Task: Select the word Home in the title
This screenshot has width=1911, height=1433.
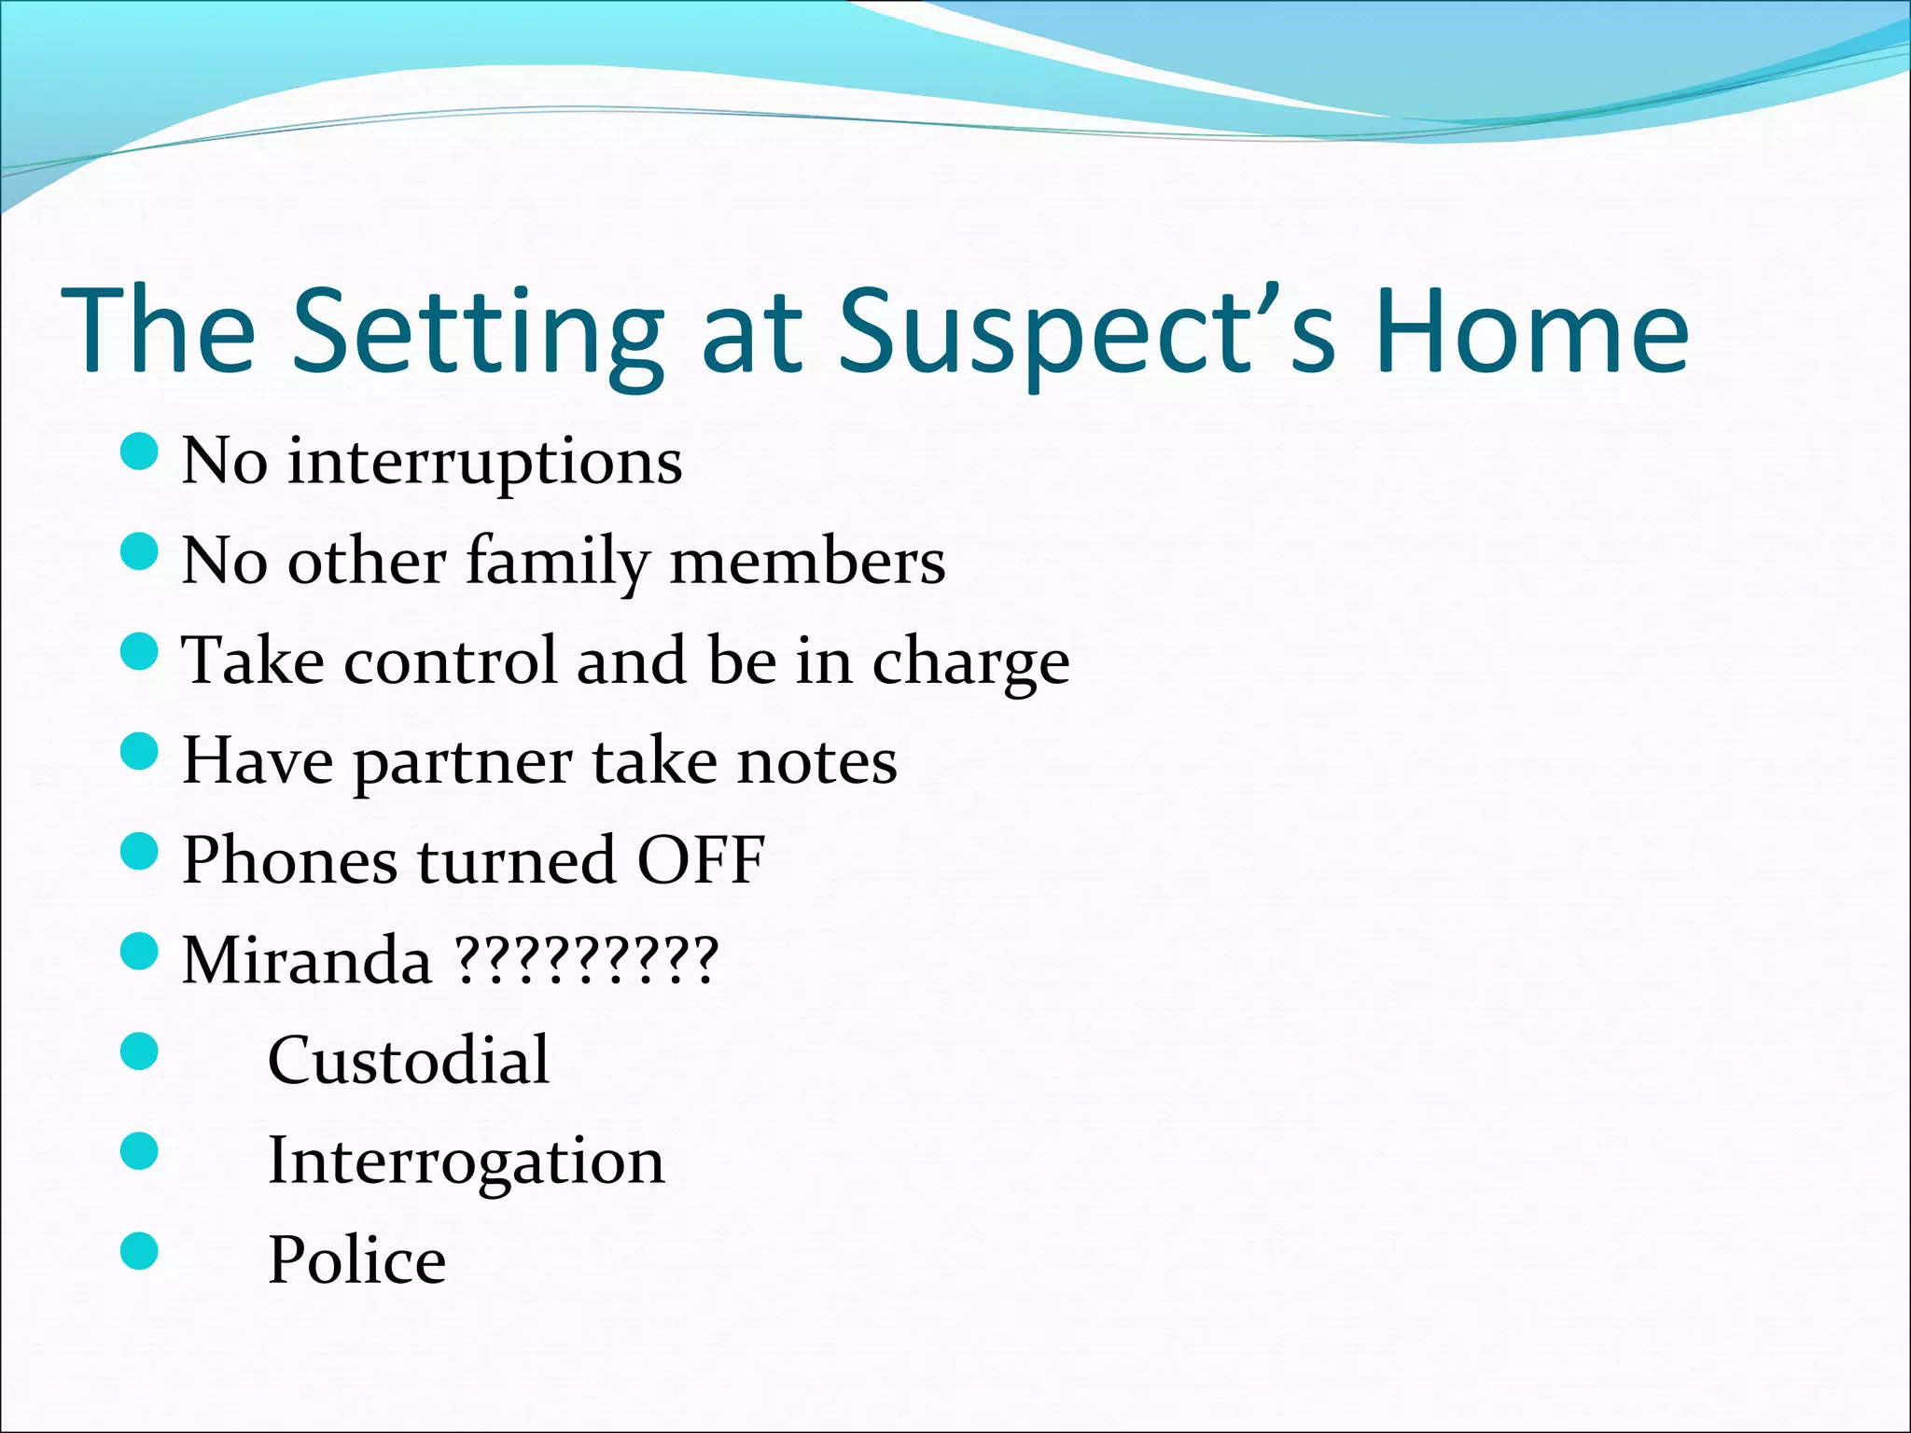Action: (1531, 331)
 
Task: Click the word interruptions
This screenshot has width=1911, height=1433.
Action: (484, 461)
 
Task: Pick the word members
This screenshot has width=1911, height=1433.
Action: (807, 562)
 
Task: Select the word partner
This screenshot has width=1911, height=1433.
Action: (462, 764)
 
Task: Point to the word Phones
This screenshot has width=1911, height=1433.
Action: (289, 860)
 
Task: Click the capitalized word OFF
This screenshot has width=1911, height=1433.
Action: (700, 860)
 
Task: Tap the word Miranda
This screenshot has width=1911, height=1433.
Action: (307, 960)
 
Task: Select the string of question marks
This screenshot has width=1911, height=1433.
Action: (586, 960)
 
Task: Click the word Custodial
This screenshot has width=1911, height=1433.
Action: (409, 1061)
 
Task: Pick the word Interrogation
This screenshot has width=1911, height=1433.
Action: (466, 1162)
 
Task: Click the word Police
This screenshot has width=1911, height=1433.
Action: (357, 1260)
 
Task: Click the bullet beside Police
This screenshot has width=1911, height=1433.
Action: (140, 1251)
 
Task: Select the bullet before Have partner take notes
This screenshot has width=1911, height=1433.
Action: (140, 751)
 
